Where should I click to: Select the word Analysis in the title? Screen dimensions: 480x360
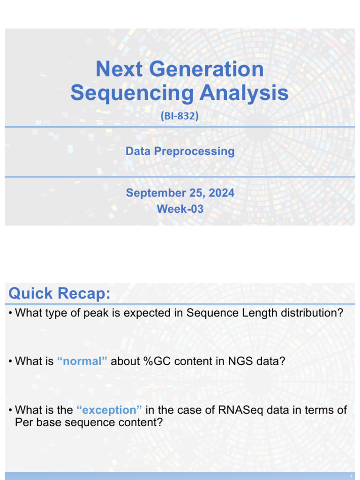244,93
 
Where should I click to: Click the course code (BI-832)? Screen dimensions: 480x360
180,116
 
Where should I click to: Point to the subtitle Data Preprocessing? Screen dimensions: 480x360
180,151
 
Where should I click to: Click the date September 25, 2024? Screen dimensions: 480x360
180,193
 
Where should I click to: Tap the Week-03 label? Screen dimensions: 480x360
180,209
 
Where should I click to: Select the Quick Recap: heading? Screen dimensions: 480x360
60,294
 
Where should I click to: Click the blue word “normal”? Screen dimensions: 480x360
82,361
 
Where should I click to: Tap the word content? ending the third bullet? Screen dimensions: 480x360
141,422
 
